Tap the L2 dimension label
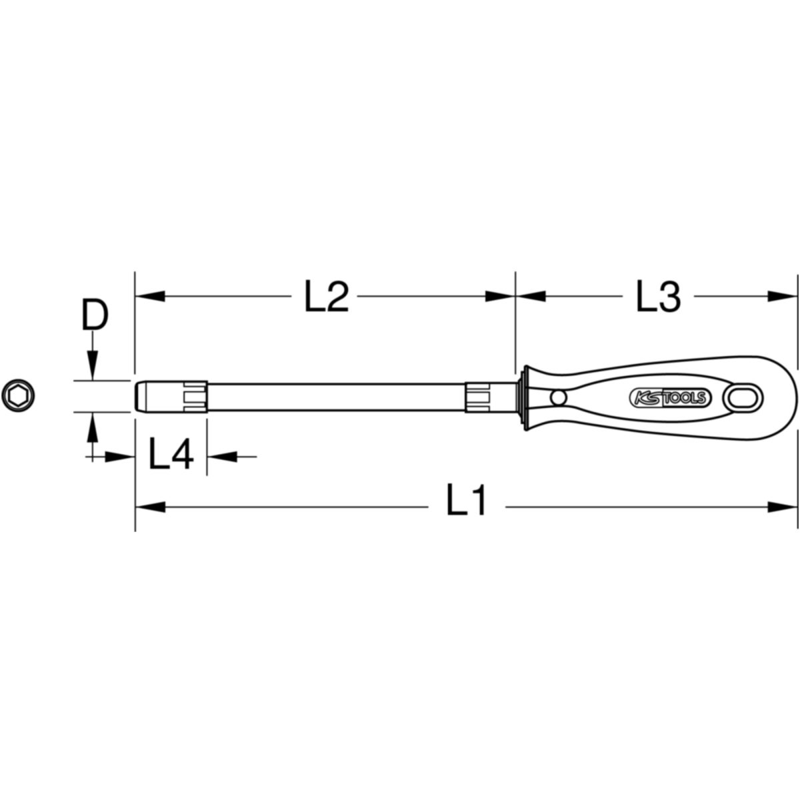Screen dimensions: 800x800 (327, 296)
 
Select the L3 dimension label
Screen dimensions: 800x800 (659, 296)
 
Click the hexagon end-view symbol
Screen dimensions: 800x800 (18, 395)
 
